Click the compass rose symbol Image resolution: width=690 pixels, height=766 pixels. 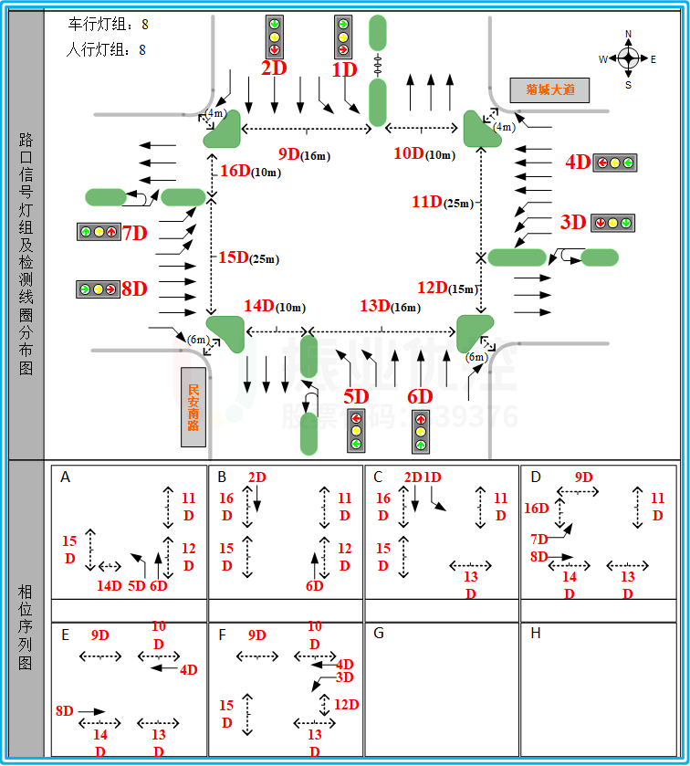[627, 59]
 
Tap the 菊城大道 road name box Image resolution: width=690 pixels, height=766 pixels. [549, 89]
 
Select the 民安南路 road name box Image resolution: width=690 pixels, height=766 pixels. [193, 407]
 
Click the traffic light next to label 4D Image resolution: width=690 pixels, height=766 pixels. [614, 163]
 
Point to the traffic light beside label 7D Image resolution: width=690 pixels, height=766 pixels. [99, 232]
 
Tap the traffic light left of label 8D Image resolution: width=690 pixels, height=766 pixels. [98, 289]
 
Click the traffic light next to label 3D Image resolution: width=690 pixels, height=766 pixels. [612, 222]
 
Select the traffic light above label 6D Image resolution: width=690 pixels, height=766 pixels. [421, 432]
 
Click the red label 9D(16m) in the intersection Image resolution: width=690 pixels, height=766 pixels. [304, 154]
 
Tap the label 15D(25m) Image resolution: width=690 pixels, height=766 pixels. [247, 258]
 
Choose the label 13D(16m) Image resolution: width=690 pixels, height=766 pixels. [390, 306]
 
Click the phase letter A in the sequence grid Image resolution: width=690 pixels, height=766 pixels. [66, 477]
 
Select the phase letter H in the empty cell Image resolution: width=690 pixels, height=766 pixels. [535, 634]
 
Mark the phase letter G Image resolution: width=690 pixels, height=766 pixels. [379, 634]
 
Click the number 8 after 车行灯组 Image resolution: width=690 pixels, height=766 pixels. [145, 24]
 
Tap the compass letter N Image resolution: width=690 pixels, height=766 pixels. [628, 34]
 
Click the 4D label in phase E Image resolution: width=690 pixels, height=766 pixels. [188, 669]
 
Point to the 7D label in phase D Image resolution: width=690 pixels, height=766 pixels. [539, 539]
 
